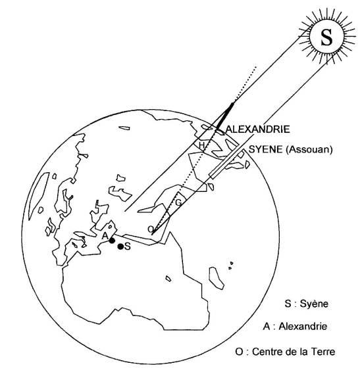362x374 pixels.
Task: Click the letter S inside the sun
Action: coord(326,37)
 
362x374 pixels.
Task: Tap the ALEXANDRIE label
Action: coord(257,129)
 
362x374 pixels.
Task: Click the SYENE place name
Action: coord(265,149)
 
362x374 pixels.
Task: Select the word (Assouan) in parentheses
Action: coord(309,150)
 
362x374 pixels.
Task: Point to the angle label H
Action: coord(202,145)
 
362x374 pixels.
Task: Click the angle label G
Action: coord(178,202)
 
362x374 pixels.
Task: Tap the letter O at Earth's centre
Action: coord(151,229)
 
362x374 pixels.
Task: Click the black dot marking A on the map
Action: coord(112,241)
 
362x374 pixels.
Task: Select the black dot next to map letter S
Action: coord(120,246)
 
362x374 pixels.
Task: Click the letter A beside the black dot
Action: coord(105,236)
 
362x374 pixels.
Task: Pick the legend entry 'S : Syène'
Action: coord(306,304)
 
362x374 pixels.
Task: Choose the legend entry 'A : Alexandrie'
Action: coord(295,326)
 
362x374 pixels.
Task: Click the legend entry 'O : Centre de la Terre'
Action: coord(285,352)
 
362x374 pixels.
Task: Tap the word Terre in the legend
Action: coord(323,352)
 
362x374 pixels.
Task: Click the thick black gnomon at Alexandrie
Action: coord(225,116)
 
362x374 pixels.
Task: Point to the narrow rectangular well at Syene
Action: coord(227,164)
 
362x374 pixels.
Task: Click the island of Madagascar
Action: coord(216,277)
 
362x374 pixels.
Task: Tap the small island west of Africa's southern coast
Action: coord(168,278)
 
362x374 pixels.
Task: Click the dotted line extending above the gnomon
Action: coord(245,84)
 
